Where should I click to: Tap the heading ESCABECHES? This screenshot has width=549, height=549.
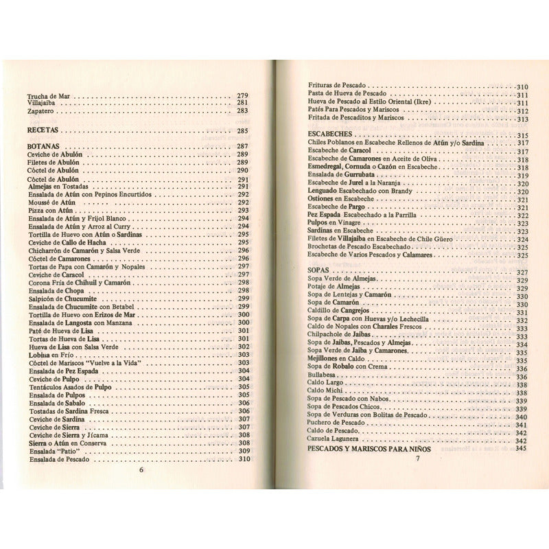coord(331,135)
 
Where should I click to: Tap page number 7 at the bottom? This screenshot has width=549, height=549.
coord(417,458)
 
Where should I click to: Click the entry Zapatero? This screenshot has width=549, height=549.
coord(43,110)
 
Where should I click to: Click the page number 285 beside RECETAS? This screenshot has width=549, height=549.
coord(242,130)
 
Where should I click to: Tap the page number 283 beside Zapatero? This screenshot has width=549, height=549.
coord(242,110)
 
